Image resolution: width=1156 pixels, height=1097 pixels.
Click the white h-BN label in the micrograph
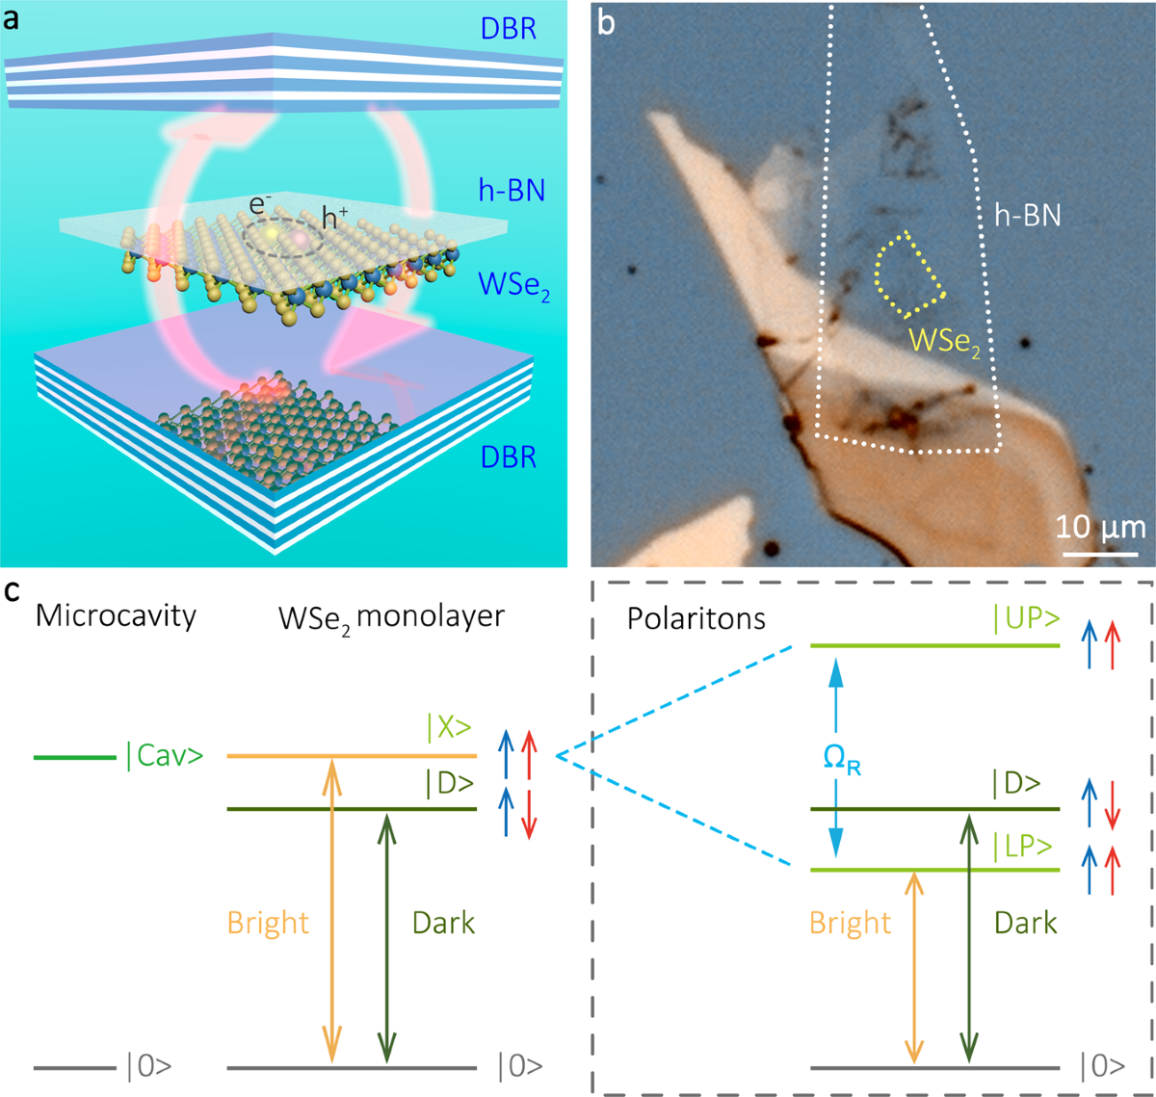[1027, 215]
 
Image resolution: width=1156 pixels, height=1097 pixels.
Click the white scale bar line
[1100, 554]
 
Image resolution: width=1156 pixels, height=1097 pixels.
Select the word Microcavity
[116, 616]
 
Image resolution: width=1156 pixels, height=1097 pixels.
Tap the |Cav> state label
[164, 756]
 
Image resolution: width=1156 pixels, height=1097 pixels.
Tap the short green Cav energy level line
[74, 757]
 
